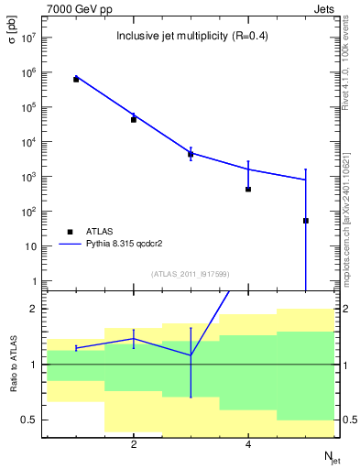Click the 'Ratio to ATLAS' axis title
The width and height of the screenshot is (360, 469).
[13, 365]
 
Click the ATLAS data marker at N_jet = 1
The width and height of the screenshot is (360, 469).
[76, 80]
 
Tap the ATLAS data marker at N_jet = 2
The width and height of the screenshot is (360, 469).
[134, 119]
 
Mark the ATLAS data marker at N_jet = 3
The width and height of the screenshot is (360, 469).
[191, 154]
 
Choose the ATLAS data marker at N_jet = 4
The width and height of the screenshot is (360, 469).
[248, 190]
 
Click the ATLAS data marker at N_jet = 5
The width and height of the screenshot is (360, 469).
[306, 221]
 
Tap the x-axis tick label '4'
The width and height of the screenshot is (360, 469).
[248, 444]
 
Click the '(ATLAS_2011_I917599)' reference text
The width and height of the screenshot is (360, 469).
[190, 274]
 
